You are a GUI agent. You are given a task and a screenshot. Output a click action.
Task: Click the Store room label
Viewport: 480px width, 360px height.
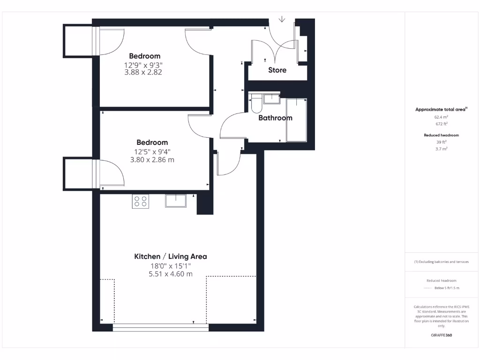(277, 70)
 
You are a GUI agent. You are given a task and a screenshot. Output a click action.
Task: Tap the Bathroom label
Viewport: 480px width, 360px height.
(275, 118)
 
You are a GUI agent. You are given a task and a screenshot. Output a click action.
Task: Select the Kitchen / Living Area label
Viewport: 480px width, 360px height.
(171, 256)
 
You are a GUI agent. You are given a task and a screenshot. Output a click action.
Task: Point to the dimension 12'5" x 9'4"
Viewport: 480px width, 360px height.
(151, 151)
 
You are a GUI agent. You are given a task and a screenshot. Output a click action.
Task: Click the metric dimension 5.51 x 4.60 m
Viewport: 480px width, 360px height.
(171, 274)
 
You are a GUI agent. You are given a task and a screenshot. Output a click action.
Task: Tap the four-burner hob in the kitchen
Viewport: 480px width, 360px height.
(141, 201)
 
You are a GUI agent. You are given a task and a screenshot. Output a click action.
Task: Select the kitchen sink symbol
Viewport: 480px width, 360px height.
(175, 201)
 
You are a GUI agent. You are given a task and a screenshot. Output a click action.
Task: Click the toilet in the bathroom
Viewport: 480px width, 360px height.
(255, 103)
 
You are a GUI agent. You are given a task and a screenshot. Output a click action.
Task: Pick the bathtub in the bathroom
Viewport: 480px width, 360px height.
(296, 120)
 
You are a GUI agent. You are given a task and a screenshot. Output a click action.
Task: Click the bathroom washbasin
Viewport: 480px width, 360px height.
(270, 98)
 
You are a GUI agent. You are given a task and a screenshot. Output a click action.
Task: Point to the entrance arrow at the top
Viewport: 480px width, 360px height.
(282, 20)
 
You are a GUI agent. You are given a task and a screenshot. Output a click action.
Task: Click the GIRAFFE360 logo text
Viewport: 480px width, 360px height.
(441, 335)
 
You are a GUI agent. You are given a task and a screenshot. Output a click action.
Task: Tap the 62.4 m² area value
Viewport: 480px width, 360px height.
(441, 117)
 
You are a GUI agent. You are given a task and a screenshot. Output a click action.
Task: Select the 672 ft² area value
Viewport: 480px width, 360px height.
(441, 124)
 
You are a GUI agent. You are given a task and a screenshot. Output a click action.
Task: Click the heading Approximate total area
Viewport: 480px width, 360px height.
(441, 109)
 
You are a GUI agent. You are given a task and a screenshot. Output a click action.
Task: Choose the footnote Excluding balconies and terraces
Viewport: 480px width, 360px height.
(441, 262)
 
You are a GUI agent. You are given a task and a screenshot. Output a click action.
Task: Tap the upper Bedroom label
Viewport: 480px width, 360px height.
(145, 56)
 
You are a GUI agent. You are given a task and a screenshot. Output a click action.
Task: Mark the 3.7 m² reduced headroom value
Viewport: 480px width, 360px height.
(441, 148)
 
